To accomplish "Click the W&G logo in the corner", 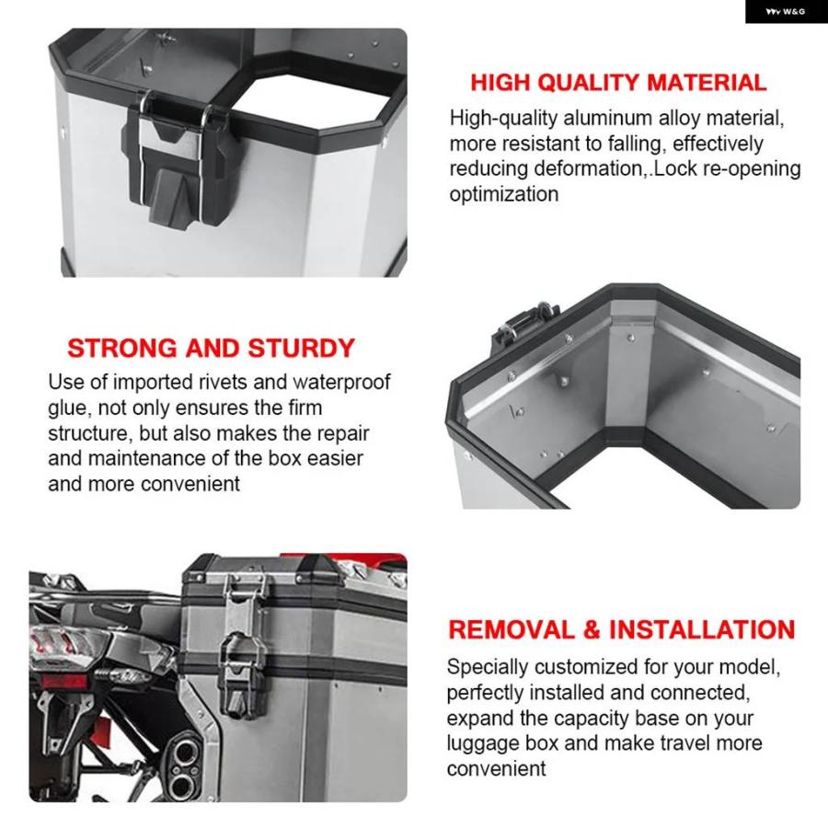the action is (x=786, y=12).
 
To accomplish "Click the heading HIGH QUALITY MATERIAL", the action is (x=618, y=83).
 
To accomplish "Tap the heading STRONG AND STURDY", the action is (x=211, y=348).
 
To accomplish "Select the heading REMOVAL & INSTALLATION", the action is (x=622, y=629).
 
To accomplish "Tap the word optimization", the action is (x=504, y=194).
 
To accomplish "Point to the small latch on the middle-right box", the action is (x=520, y=322).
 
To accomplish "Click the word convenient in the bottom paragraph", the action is (x=496, y=769).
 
